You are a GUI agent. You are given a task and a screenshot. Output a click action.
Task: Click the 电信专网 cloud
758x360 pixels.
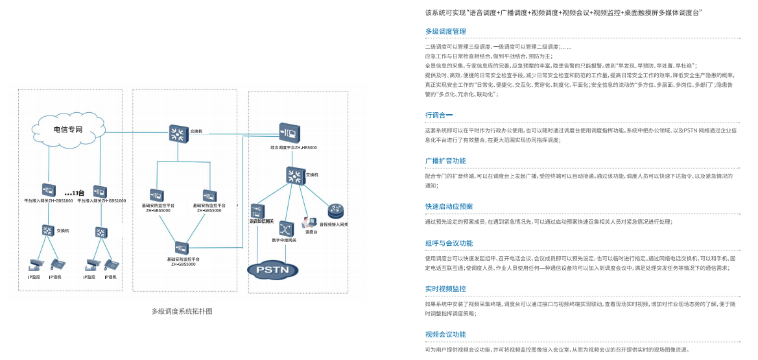[x=67, y=130]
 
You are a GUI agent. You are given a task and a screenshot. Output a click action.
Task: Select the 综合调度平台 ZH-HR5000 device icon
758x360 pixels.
[x=289, y=133]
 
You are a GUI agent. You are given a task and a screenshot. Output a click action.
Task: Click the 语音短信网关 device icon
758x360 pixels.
[x=257, y=211]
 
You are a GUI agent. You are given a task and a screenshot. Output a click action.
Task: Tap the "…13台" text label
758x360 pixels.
[x=75, y=193]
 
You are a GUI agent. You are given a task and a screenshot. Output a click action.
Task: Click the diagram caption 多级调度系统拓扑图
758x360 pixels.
[x=182, y=311]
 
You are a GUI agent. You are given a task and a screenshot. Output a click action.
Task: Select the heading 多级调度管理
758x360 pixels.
[x=445, y=31]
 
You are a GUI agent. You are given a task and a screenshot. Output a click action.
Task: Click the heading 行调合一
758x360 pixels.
[x=439, y=115]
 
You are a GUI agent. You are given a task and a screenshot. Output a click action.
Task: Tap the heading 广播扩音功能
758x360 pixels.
[x=445, y=160]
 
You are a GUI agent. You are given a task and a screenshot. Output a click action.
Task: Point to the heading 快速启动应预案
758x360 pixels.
[x=449, y=206]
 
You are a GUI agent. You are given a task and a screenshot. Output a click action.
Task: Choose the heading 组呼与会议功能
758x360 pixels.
[x=449, y=243]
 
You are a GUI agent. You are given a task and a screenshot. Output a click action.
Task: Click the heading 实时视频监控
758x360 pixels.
[x=445, y=289]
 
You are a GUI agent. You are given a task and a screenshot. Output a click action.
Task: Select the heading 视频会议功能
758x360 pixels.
[x=445, y=334]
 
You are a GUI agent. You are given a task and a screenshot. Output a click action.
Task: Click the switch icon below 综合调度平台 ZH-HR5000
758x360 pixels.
[x=295, y=175]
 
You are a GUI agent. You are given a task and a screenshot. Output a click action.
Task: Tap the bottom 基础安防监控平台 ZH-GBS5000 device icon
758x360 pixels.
[x=182, y=248]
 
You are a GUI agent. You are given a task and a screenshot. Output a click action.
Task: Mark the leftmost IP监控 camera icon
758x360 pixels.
[x=34, y=265]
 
